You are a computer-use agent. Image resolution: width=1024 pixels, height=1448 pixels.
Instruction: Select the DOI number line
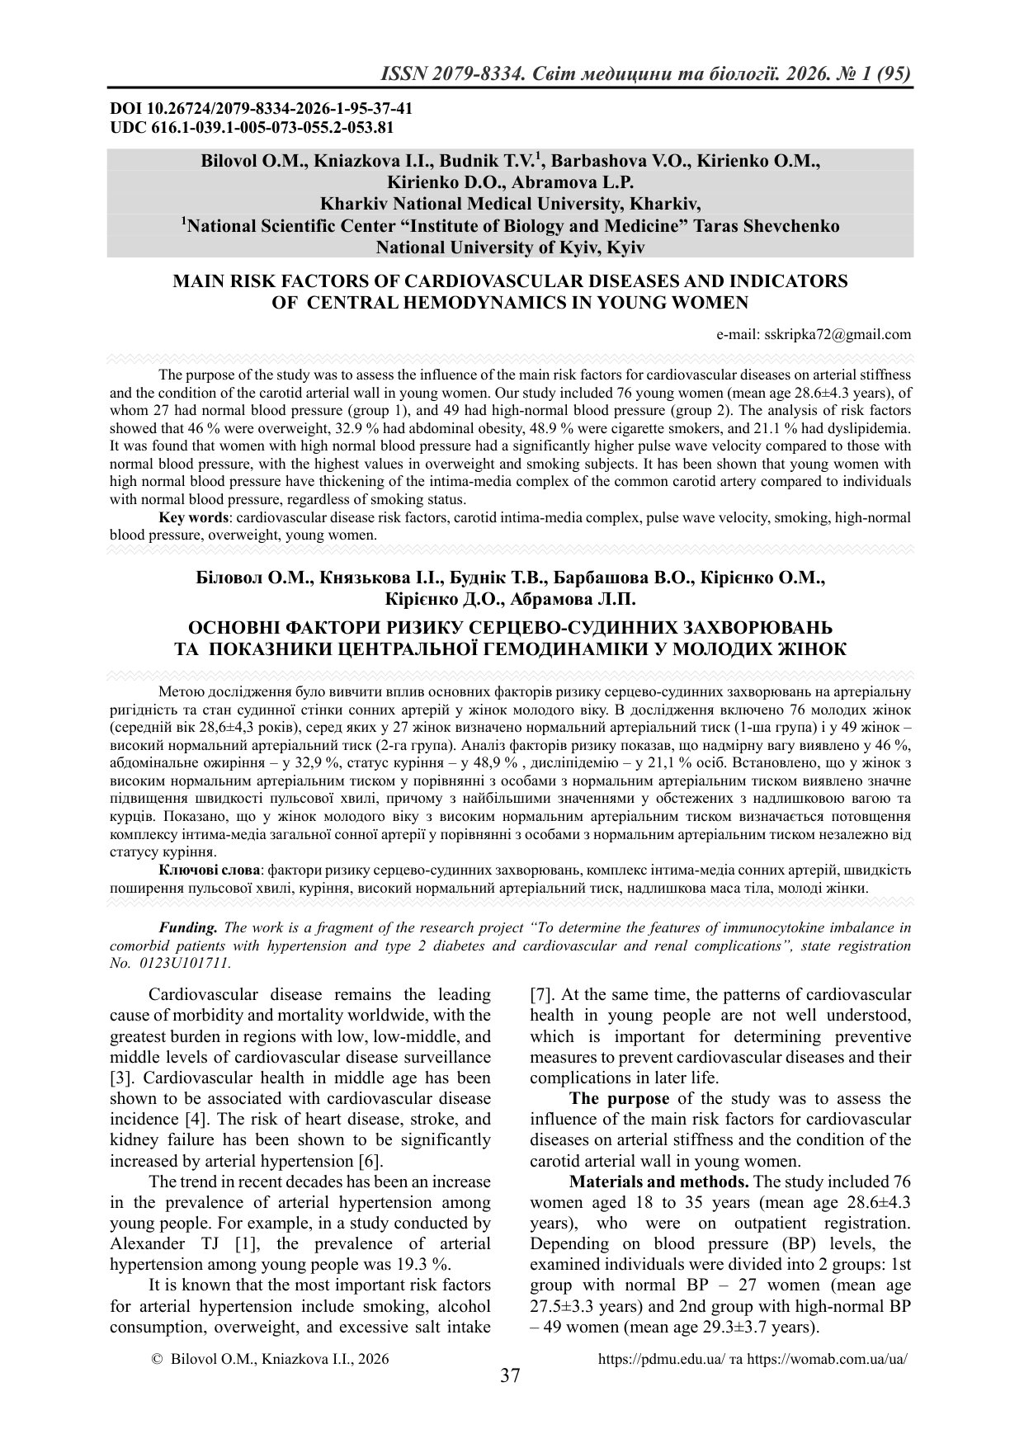pos(262,109)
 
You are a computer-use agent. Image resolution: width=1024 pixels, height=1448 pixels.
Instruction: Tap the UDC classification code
pos(252,127)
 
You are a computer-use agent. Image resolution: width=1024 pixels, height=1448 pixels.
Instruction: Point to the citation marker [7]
pos(540,994)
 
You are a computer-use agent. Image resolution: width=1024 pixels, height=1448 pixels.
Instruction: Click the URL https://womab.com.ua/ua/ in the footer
pos(827,1358)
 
